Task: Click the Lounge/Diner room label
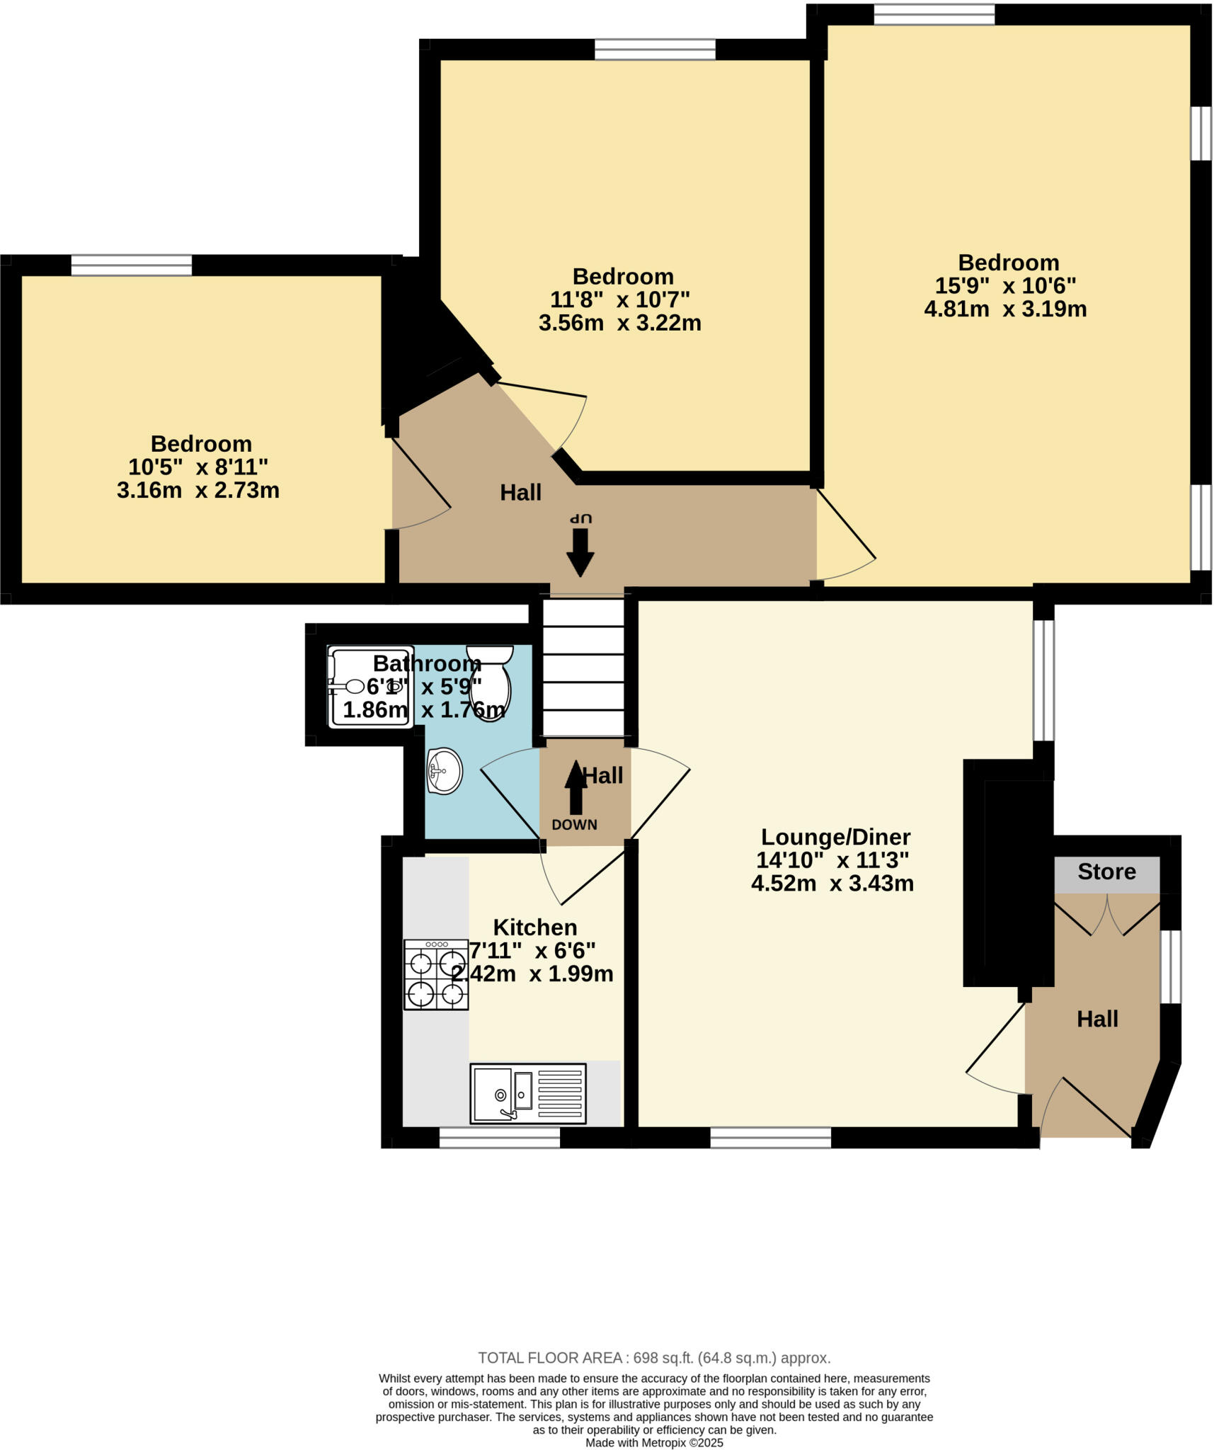pos(835,837)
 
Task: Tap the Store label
pos(1106,872)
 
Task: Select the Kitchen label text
pos(534,927)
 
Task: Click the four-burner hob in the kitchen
pos(436,974)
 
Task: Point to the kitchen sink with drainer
pos(527,1094)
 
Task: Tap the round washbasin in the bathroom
pos(445,771)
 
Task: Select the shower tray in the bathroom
pos(370,686)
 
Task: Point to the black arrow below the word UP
pos(580,552)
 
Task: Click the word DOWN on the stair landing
pos(574,825)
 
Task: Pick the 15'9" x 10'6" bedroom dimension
pos(1005,286)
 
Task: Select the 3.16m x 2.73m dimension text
pos(198,490)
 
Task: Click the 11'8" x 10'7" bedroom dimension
pos(619,299)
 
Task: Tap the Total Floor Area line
pos(654,1358)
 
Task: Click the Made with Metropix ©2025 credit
pos(654,1443)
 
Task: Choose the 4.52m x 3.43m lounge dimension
pos(832,884)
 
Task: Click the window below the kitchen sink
pos(500,1138)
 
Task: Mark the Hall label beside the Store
pos(1097,1019)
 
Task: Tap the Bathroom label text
pos(427,663)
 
